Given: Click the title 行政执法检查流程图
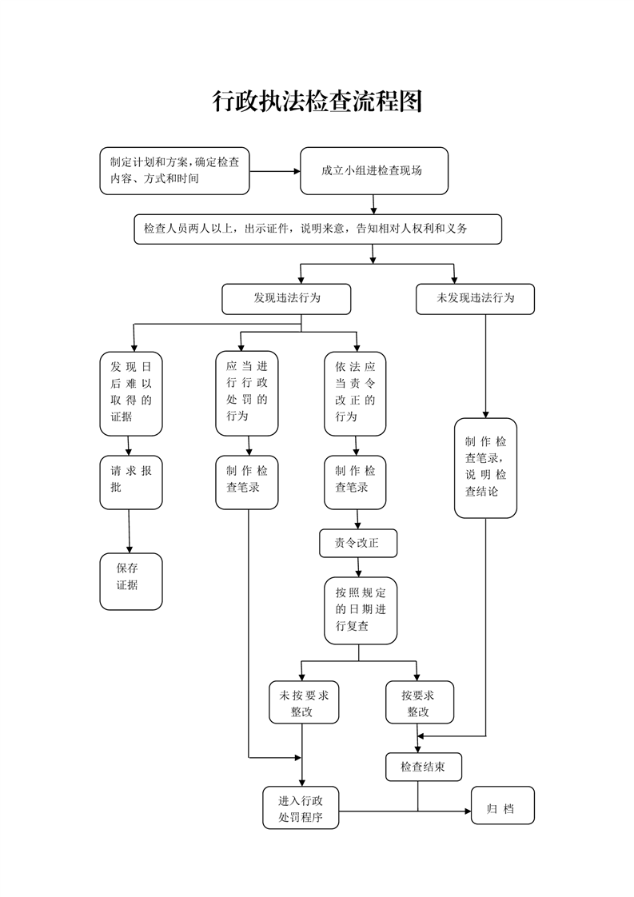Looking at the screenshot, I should [317, 102].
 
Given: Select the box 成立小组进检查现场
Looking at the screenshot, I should [373, 171].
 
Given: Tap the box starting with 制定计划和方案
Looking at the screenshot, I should [174, 171].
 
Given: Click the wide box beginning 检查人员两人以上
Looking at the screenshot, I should [317, 229].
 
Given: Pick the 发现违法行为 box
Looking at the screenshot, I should [286, 298].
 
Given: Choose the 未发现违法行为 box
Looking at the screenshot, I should [475, 298].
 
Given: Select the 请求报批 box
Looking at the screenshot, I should [130, 481].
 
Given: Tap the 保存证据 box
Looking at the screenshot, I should [130, 580].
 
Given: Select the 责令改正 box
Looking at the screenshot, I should [357, 543].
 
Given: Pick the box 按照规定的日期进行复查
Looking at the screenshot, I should [360, 610].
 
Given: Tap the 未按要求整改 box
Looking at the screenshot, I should [302, 702].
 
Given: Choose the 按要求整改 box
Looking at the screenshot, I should [418, 702].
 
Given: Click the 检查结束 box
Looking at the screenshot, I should [423, 766].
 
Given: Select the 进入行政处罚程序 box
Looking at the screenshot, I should [301, 807].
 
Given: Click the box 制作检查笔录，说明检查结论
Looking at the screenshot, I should [485, 467].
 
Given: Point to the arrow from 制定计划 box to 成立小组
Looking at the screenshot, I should [274, 171].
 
